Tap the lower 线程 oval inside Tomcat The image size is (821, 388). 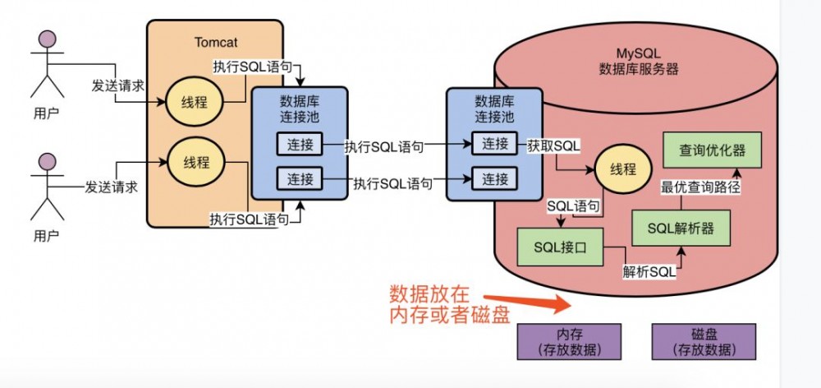pos(194,161)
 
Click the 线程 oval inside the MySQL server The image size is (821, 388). pos(623,169)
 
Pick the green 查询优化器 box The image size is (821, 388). pos(712,151)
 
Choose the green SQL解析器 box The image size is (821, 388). pos(681,227)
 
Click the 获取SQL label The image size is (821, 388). pos(554,145)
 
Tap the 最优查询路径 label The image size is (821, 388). pos(701,187)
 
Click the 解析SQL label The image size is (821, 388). pos(650,271)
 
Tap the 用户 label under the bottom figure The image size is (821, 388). pos(47,236)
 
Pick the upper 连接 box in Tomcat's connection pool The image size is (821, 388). pos(295,145)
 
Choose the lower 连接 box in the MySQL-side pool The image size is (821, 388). pos(495,178)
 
